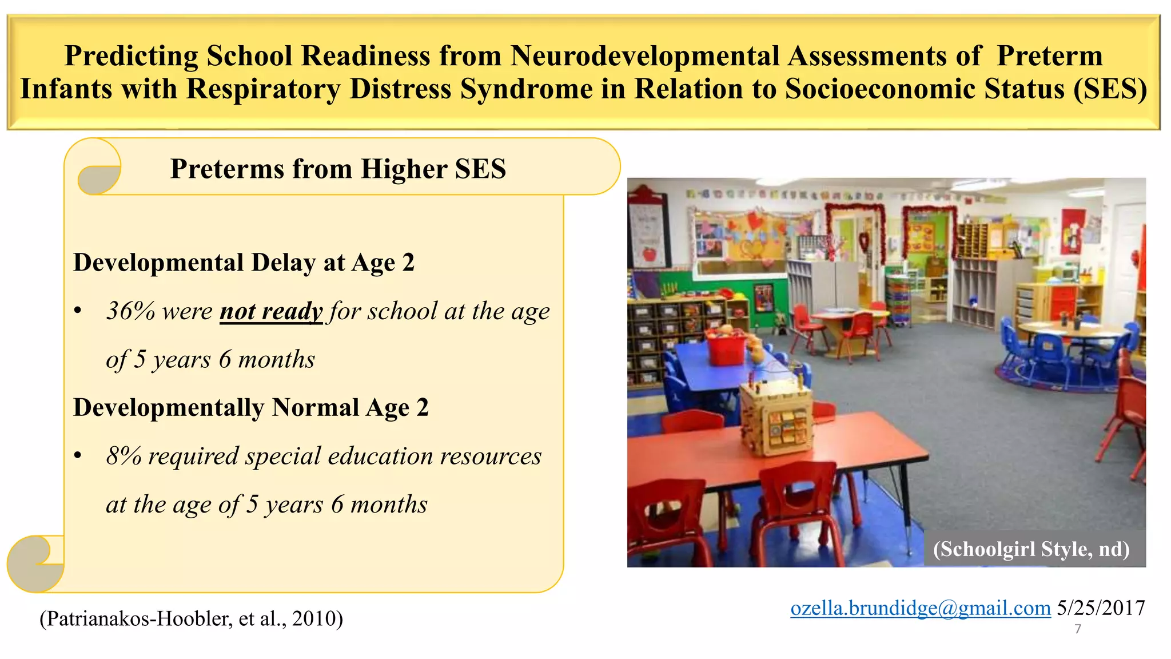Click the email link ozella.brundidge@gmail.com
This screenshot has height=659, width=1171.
(920, 608)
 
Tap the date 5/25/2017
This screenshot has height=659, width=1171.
(1101, 608)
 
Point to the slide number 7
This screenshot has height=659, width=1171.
(1078, 629)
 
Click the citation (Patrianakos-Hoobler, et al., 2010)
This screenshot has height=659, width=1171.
(191, 619)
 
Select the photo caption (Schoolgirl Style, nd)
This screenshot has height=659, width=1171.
(1031, 549)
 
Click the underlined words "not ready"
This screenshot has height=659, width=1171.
(271, 312)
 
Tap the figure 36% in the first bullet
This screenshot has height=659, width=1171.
(130, 312)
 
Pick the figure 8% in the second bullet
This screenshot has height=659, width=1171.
(124, 456)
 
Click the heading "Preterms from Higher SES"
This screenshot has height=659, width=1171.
(338, 169)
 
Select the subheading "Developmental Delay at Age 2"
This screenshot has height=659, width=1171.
(244, 263)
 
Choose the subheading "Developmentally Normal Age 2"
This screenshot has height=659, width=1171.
(250, 408)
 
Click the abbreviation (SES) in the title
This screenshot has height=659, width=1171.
(1110, 89)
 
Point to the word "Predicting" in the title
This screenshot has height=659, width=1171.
(131, 56)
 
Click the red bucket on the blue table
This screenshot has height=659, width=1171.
(727, 347)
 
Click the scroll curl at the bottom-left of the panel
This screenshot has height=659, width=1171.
(34, 563)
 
